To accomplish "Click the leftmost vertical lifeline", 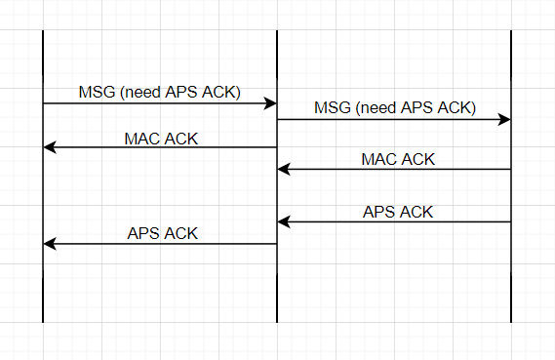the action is (x=43, y=177).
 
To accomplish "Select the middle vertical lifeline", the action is (x=277, y=177).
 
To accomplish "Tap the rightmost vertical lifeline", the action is (x=511, y=177).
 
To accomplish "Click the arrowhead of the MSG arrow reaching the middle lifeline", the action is (x=270, y=103).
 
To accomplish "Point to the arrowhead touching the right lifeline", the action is (x=504, y=120).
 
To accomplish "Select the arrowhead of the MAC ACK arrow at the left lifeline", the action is (x=50, y=147).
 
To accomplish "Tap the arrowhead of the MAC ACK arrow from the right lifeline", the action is (x=284, y=169).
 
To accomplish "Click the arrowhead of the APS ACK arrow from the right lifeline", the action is (x=284, y=221).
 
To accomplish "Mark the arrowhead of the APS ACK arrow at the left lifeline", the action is (x=50, y=244).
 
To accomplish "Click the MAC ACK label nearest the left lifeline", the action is (x=161, y=139).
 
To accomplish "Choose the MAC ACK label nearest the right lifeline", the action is (x=398, y=159).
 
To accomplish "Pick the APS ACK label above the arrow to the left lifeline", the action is (x=163, y=233).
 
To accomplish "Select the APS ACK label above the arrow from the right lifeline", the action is (x=398, y=212).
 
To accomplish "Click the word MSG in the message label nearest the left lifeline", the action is (x=97, y=93).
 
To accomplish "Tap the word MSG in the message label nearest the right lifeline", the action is (x=333, y=107).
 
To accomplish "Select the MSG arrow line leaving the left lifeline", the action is (x=160, y=103).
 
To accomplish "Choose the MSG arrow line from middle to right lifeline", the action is (x=394, y=120).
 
